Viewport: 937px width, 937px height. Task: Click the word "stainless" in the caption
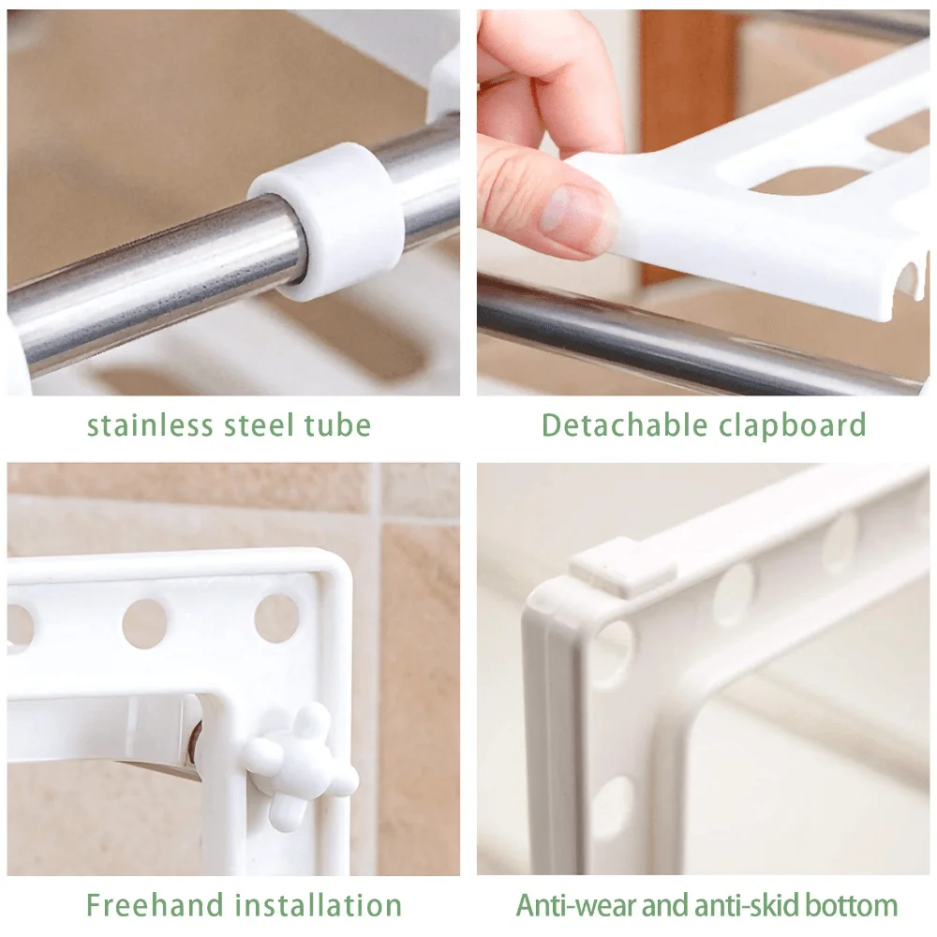point(150,424)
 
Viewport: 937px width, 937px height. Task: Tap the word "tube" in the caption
point(338,424)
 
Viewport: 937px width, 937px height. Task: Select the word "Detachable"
point(624,424)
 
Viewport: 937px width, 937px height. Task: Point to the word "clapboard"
point(793,425)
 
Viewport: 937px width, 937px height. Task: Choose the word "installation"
point(318,905)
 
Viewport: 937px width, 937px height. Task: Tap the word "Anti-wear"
point(573,905)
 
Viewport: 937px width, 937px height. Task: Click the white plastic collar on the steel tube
point(326,220)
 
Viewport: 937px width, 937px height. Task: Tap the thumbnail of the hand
point(568,210)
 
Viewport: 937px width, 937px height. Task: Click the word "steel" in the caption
point(260,424)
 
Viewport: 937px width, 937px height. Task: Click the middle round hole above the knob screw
point(144,622)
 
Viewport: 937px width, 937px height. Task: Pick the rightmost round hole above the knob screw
point(276,618)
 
